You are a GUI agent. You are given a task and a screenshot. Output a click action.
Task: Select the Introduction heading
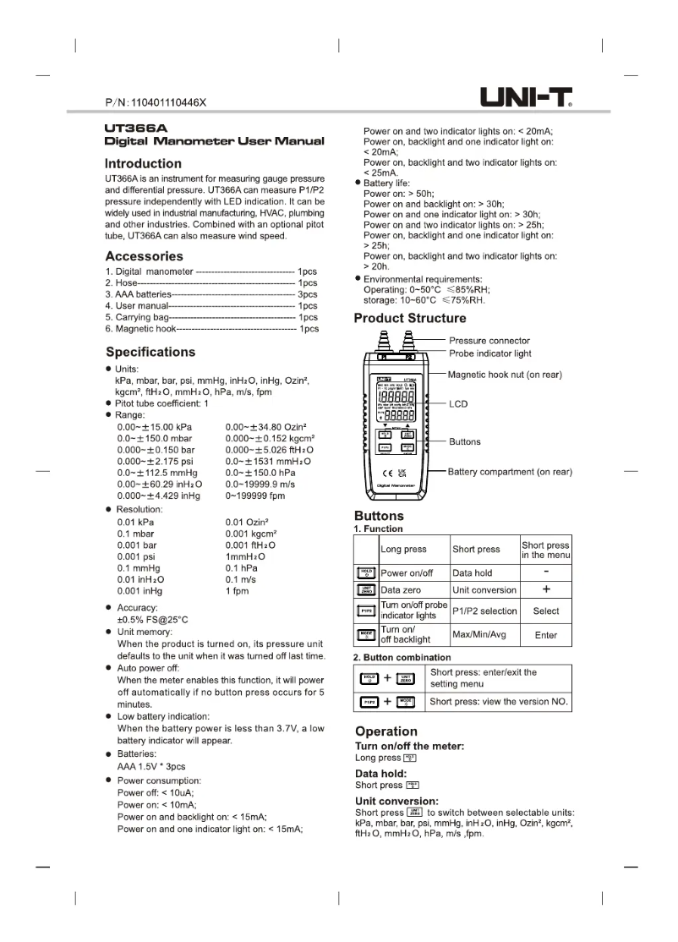coord(143,163)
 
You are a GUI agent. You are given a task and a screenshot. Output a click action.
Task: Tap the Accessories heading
coord(144,256)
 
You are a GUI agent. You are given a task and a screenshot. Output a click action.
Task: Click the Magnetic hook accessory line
coord(211,329)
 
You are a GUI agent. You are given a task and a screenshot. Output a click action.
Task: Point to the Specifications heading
coord(150,352)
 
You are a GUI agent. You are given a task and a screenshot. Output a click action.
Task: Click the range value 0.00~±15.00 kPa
coord(155,428)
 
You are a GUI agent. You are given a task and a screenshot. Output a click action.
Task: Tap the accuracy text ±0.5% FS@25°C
coord(152,620)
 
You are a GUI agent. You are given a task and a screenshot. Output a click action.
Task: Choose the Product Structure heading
coord(409,319)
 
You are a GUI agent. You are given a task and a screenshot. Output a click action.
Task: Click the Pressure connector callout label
coord(489,341)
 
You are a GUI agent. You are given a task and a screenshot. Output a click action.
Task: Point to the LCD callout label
coord(457,404)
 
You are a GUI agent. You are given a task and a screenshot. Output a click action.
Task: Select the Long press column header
coord(403,550)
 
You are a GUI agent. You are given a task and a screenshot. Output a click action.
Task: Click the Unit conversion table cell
coord(484,590)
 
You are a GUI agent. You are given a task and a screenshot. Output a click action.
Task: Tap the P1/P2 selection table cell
coord(484,611)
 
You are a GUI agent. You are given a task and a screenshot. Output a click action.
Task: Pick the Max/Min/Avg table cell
coord(479,634)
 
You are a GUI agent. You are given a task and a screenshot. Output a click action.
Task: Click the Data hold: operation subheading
coord(380,774)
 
